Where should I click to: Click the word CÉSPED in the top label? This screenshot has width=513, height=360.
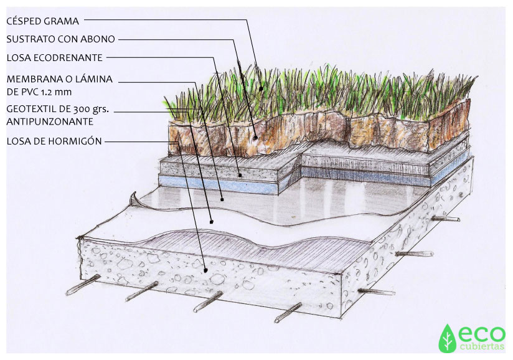[x=24, y=21]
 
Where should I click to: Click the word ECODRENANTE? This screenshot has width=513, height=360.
[x=68, y=58]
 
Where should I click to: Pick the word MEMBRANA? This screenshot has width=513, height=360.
[x=31, y=79]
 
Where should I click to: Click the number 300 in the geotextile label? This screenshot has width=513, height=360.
[x=82, y=110]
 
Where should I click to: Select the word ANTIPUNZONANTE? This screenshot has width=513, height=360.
[x=50, y=121]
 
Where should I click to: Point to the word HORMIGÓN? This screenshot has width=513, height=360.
[x=75, y=141]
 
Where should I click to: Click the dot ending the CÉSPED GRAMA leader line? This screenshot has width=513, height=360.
[x=261, y=88]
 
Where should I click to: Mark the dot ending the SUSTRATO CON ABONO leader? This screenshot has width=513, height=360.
[x=255, y=138]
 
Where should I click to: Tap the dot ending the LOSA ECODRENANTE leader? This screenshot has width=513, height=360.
[x=240, y=176]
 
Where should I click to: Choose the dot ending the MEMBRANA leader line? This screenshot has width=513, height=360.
[x=222, y=199]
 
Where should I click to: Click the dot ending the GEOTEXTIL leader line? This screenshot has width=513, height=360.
[x=211, y=222]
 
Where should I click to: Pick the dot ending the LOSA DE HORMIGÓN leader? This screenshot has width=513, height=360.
[x=206, y=270]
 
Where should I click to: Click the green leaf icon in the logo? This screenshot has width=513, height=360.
[x=447, y=338]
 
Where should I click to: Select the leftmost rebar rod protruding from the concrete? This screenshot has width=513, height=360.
[x=83, y=285]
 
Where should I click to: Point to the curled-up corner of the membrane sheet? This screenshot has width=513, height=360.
[x=134, y=199]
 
